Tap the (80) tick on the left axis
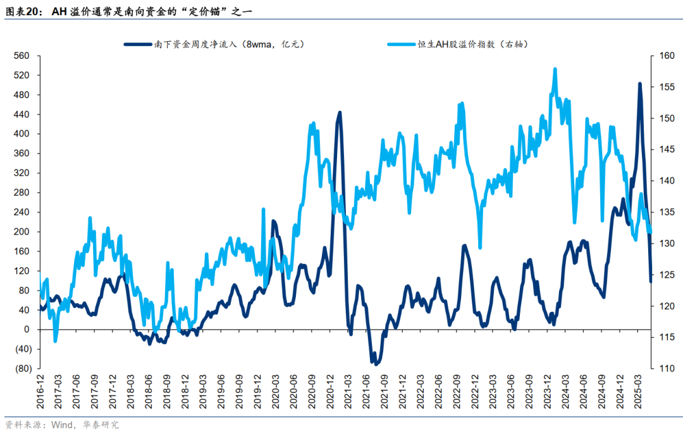[x=23, y=368]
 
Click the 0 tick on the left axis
[x=27, y=329]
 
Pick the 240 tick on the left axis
[x=23, y=212]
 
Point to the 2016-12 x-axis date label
[x=40, y=393]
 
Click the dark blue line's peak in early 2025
[x=639, y=84]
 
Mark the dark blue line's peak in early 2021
[x=340, y=113]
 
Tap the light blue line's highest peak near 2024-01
[x=555, y=69]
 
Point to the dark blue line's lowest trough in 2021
[x=376, y=364]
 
